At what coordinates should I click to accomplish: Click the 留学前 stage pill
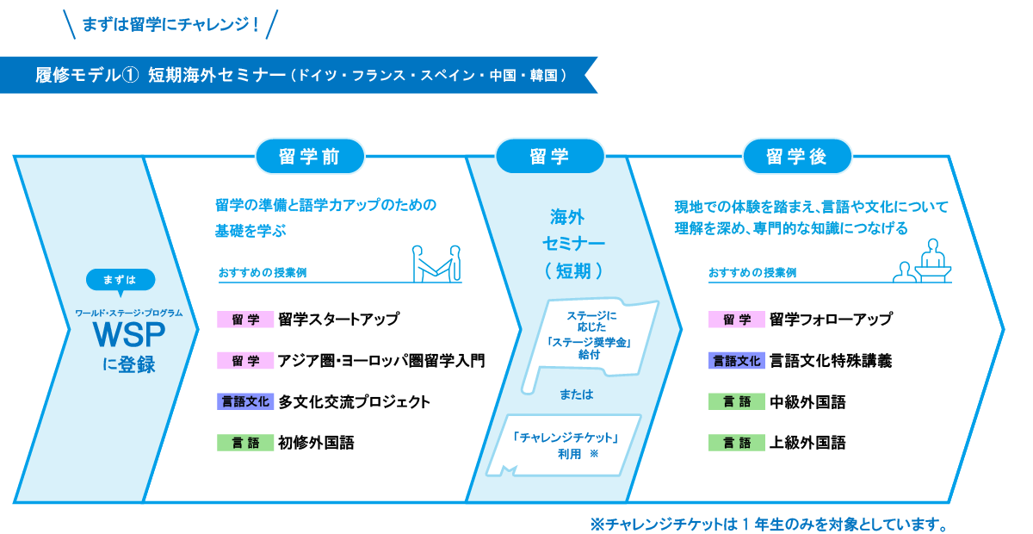tap(310, 157)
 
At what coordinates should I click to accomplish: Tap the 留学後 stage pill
tap(797, 157)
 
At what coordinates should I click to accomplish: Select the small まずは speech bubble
tap(121, 281)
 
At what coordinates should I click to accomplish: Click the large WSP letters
tap(128, 335)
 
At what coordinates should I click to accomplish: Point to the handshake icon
tap(436, 264)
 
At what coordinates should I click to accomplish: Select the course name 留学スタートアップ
tap(339, 320)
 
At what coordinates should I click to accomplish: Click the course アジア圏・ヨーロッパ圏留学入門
tap(381, 361)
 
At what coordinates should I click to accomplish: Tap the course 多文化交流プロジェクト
tap(354, 401)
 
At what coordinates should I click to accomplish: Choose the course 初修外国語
tap(316, 443)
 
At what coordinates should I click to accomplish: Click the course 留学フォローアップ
tap(831, 320)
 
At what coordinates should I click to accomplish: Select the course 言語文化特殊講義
tap(831, 361)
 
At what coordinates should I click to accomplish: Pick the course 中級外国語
tap(807, 401)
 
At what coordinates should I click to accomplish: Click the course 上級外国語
tap(807, 443)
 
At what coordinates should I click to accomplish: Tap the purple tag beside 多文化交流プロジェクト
tap(245, 401)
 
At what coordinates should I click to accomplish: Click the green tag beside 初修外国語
tap(245, 443)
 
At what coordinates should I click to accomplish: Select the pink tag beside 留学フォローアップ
tap(737, 320)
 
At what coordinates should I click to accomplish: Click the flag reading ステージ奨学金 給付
tap(591, 337)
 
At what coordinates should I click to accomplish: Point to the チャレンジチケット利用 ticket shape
tap(565, 445)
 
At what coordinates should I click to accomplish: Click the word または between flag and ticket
tap(577, 394)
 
